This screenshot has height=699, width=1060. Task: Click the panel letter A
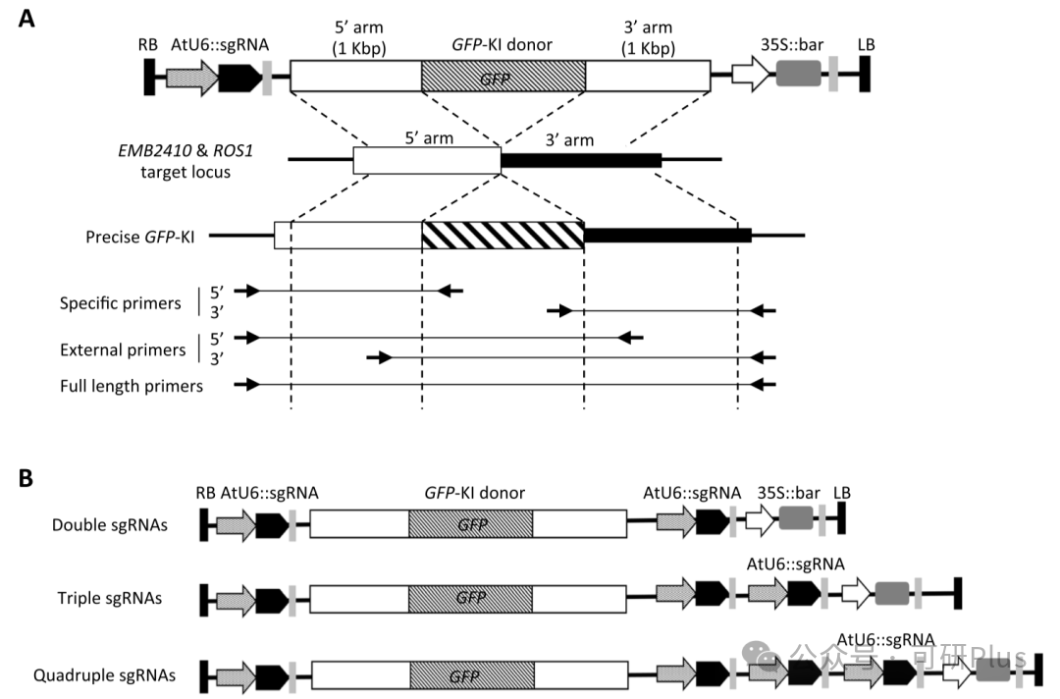(26, 19)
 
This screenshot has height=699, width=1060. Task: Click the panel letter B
(26, 478)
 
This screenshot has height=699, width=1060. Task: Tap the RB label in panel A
(148, 44)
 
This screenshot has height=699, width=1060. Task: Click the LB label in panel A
(866, 44)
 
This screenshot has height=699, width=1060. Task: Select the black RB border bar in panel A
(149, 77)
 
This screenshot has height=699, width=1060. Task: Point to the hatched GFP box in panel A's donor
(503, 76)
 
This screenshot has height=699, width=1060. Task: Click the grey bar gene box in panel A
(798, 73)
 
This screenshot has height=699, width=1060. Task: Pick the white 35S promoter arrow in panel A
(751, 74)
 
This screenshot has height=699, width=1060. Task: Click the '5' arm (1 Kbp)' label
(359, 38)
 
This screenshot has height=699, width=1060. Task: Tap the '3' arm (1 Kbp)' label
(649, 38)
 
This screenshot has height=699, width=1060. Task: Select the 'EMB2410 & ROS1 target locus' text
(185, 161)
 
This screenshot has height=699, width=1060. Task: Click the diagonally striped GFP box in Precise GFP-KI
(503, 236)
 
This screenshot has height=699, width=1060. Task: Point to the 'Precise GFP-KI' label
(140, 238)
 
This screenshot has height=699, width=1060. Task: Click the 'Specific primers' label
(121, 302)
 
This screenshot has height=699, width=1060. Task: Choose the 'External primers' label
(123, 349)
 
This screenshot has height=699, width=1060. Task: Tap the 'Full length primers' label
(132, 386)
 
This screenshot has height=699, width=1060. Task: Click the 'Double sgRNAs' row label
(110, 525)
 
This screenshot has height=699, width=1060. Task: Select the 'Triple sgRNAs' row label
(110, 598)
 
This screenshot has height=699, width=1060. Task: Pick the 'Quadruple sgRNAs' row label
(104, 675)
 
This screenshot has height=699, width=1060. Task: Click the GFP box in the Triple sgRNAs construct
(470, 598)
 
